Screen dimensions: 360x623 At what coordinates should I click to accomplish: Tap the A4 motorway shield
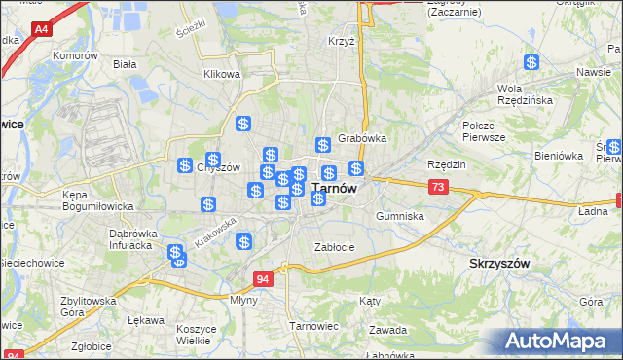tap(42, 30)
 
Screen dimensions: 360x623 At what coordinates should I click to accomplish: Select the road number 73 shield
tap(438, 187)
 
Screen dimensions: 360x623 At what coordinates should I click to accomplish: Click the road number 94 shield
tap(262, 279)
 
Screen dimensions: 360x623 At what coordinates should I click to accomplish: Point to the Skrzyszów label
tap(499, 264)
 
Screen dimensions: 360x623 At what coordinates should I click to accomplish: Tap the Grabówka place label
tap(362, 138)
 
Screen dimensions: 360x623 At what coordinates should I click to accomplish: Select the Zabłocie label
tap(334, 247)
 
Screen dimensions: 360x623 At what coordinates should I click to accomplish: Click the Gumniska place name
tap(399, 216)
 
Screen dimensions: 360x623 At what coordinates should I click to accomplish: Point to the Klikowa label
tap(221, 74)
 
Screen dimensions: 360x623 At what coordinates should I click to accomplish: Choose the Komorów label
tap(77, 56)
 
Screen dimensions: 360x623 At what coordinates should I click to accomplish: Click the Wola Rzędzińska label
tap(525, 94)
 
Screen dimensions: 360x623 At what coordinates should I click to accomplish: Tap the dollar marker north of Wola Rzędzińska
tap(532, 62)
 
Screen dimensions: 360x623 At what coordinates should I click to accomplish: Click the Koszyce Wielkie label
tap(196, 335)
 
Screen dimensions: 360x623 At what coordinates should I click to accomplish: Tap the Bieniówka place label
tap(558, 156)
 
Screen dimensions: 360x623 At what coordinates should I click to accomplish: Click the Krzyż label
tap(341, 42)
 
